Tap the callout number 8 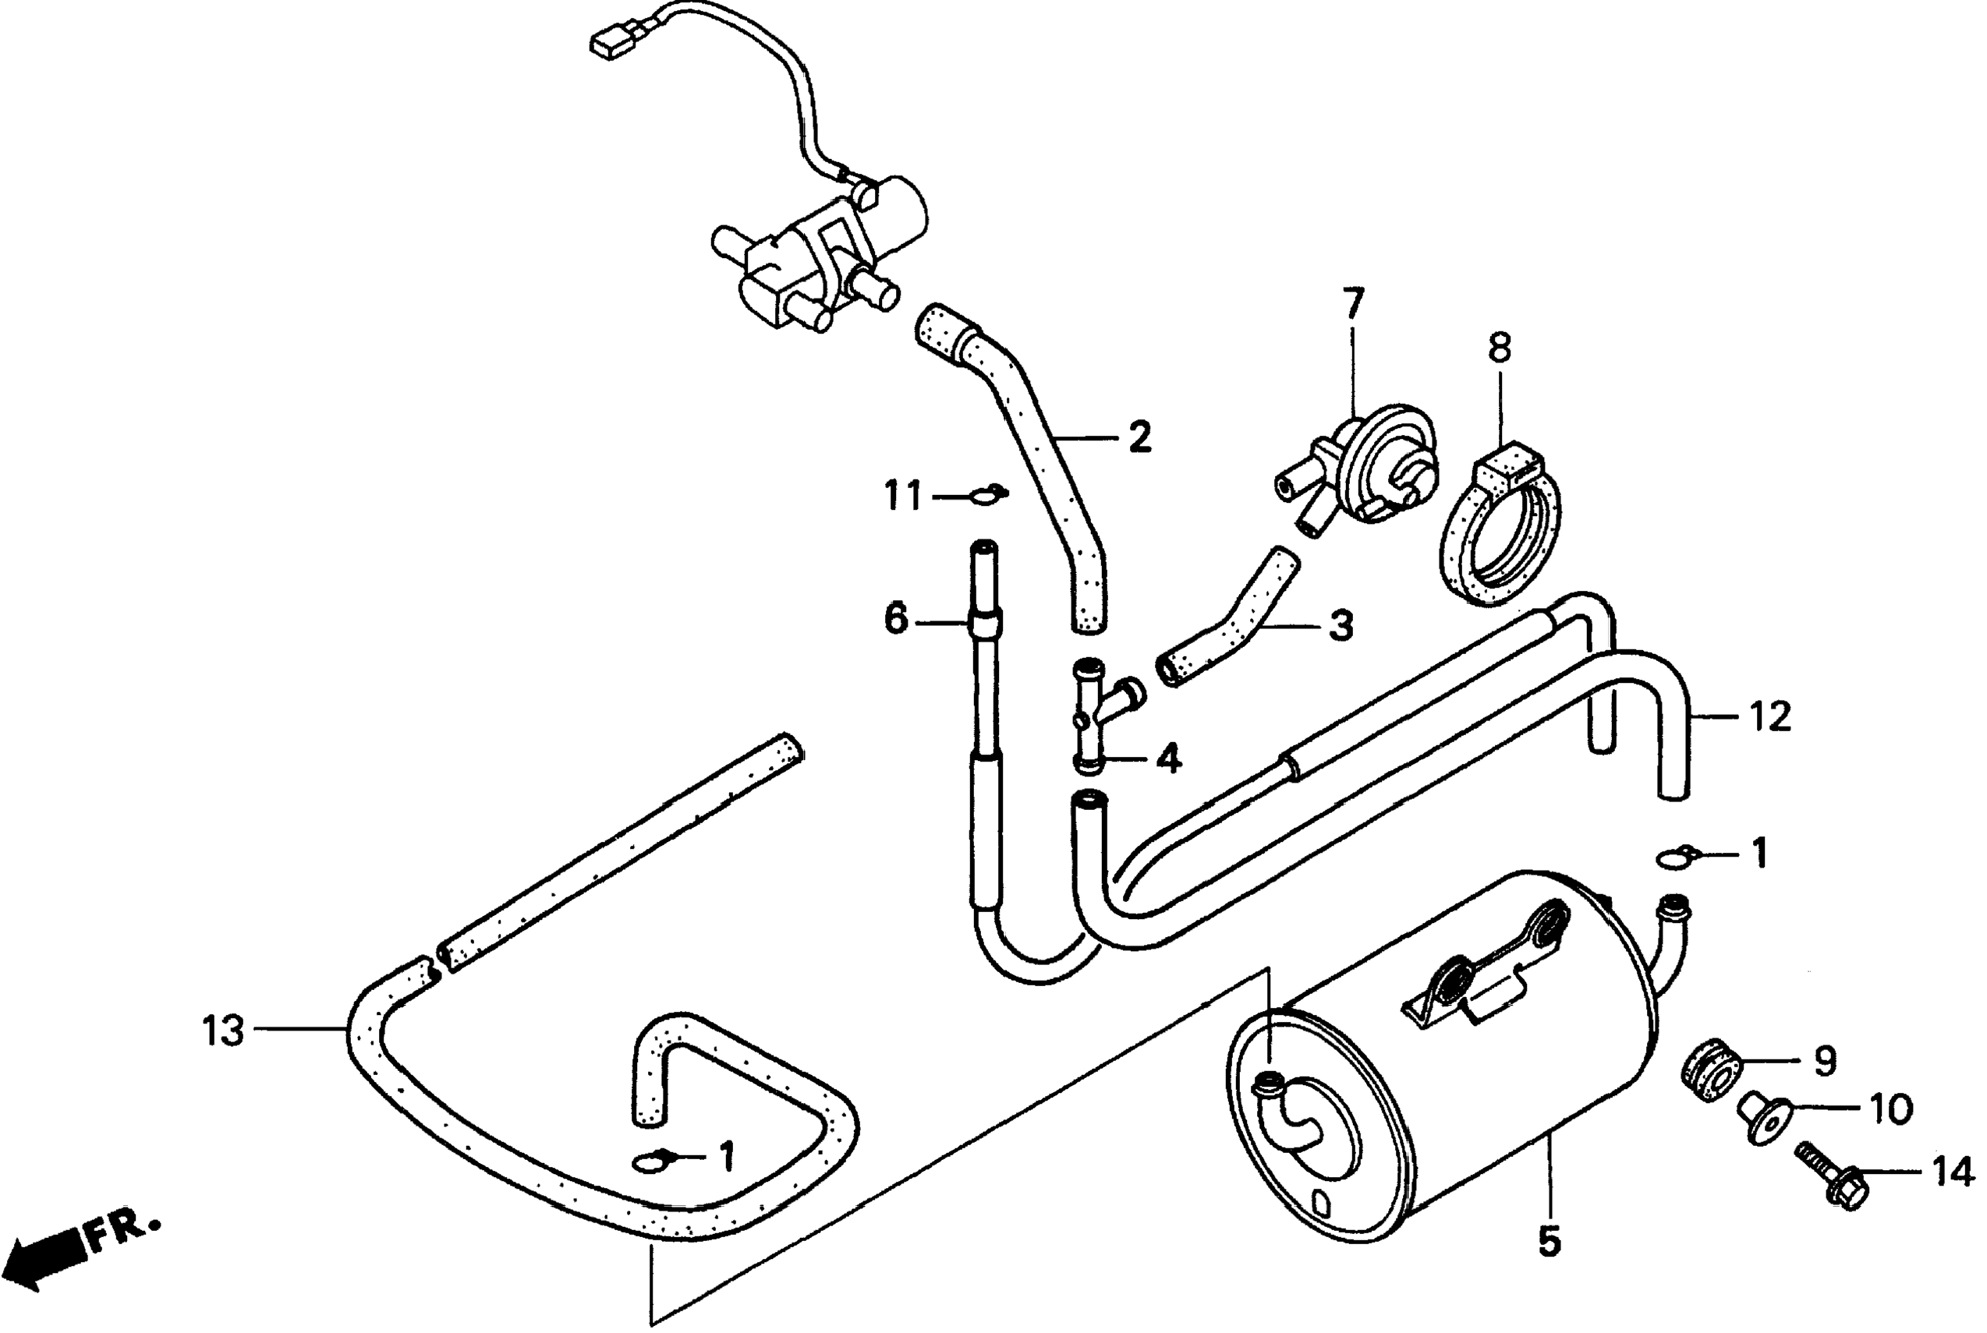pos(1500,348)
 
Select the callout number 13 pos(224,1032)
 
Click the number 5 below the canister pos(1550,1243)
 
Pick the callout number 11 pos(902,495)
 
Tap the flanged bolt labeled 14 pos(1833,1176)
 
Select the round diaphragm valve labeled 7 pos(1377,468)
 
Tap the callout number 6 pos(896,620)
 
